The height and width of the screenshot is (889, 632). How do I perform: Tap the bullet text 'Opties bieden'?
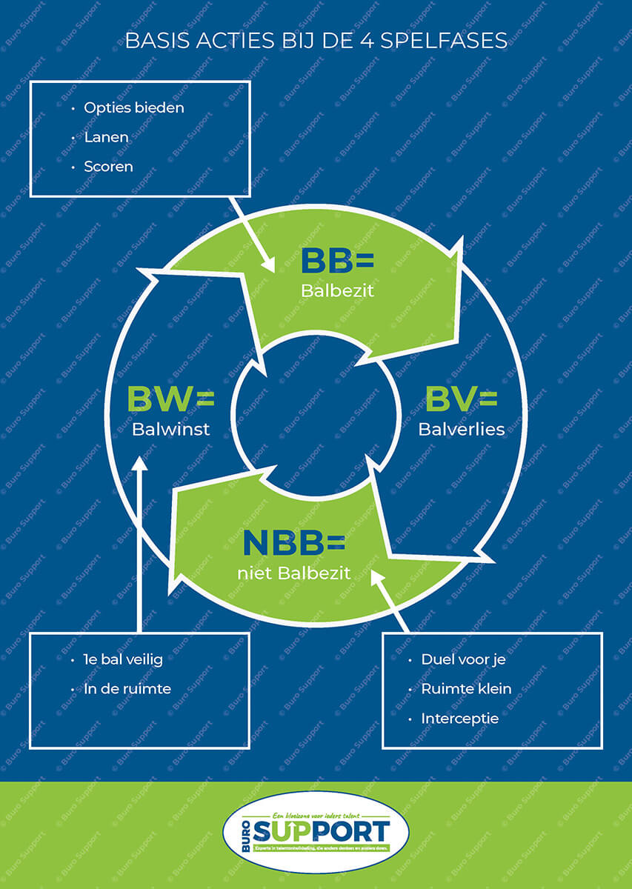click(134, 107)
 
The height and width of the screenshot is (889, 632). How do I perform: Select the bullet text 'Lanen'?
click(107, 137)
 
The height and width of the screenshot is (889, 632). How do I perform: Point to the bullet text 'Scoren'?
click(109, 167)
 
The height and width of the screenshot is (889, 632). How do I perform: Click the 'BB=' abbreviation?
click(337, 262)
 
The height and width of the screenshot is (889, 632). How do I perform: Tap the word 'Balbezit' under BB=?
click(337, 291)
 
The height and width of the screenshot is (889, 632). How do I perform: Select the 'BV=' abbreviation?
click(461, 399)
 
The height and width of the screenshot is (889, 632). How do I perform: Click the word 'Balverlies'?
click(461, 429)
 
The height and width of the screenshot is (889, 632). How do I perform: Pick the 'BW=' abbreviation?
click(170, 399)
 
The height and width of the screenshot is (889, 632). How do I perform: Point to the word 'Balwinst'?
click(170, 429)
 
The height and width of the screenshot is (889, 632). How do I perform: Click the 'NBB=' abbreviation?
click(294, 544)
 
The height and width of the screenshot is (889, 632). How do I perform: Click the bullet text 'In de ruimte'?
click(127, 689)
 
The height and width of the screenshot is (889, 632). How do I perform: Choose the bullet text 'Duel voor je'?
click(463, 659)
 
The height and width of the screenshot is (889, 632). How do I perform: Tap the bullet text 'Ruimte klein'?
click(466, 689)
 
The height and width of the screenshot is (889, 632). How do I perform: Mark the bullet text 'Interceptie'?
click(459, 719)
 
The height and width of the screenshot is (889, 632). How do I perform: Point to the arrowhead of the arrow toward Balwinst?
click(139, 462)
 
